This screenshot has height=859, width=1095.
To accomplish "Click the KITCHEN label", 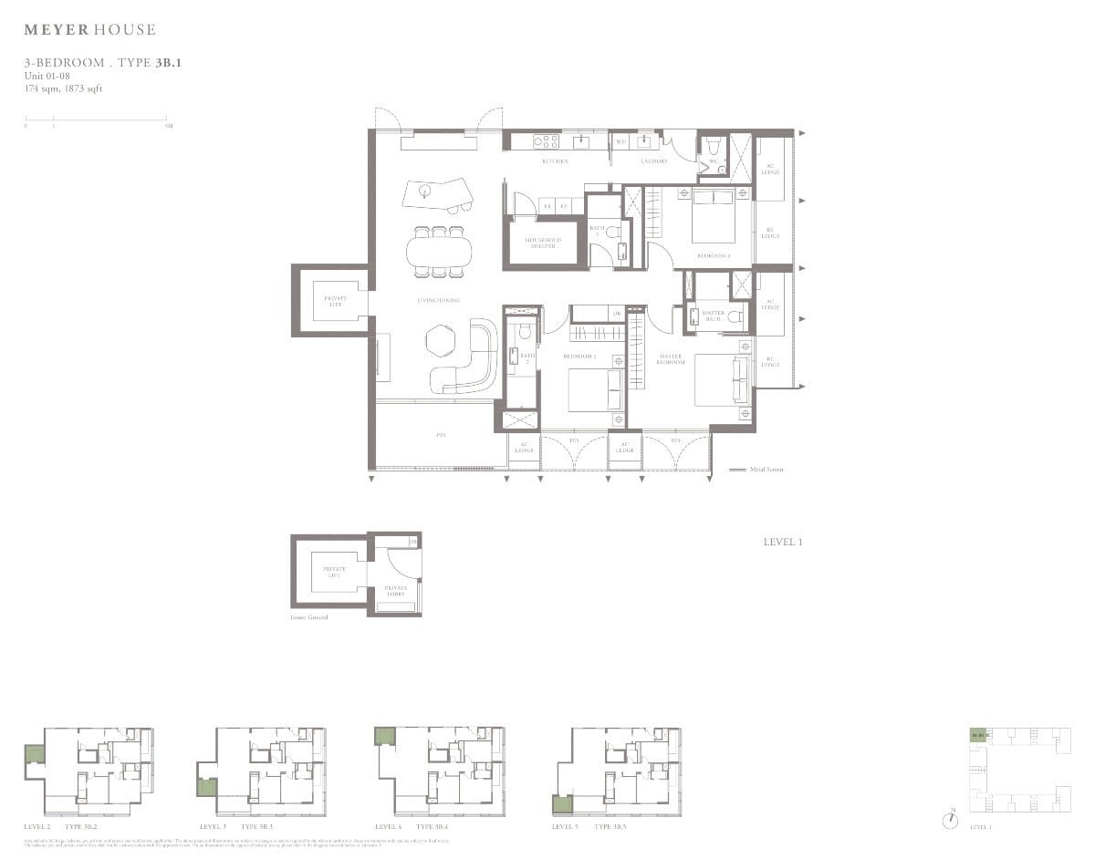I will (x=555, y=161).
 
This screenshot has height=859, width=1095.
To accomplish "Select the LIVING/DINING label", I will (x=434, y=300).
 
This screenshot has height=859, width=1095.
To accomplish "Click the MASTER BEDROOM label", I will (x=670, y=359).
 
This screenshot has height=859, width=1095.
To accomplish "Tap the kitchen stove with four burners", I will (x=546, y=141).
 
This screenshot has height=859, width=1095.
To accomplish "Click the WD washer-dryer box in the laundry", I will (x=620, y=142).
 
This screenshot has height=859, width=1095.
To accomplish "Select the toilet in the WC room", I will (x=714, y=145).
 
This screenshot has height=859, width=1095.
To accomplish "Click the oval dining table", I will (x=436, y=248).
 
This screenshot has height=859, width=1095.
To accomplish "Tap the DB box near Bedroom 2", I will (x=617, y=313).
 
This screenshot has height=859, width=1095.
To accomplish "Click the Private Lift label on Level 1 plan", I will (x=329, y=300).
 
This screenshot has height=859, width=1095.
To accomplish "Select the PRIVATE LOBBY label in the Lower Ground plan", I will (x=395, y=590).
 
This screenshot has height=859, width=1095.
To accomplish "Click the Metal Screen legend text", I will (x=766, y=470).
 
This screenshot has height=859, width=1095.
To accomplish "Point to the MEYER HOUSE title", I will (x=89, y=30).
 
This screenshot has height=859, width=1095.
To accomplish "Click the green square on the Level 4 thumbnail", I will (x=384, y=737).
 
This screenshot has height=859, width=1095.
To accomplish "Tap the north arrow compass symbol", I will (x=953, y=819).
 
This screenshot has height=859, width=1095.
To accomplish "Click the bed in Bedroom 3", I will (x=713, y=217).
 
